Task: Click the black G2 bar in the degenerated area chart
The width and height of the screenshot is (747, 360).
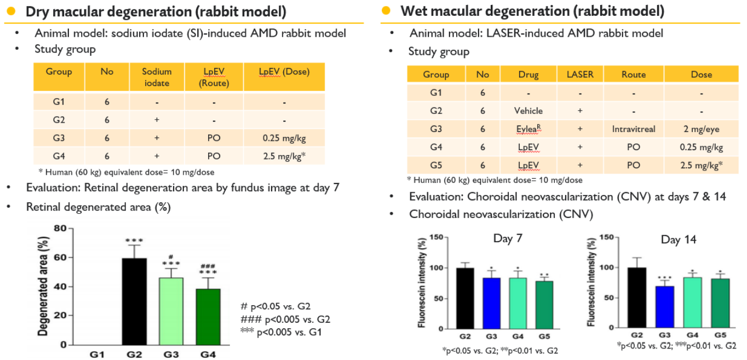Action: point(134,301)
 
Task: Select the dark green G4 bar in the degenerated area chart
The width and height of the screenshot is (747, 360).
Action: point(208,317)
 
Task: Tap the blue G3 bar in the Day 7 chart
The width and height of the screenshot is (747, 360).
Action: point(492,303)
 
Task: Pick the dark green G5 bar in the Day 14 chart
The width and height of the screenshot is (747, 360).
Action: point(720,303)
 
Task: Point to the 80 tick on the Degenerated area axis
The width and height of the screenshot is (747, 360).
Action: point(60,228)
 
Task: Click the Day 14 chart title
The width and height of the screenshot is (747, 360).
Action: point(679,239)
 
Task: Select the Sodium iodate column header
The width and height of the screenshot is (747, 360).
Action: point(157,77)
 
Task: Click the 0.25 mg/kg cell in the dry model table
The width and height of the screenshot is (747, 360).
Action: point(284,138)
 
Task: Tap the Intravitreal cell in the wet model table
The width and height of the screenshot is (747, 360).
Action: point(634,129)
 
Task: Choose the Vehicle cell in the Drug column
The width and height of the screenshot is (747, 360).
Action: point(528,111)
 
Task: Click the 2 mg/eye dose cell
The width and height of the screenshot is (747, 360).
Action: point(702,129)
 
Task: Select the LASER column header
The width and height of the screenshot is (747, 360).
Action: point(580,74)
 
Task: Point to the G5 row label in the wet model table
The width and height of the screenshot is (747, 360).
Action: point(436,165)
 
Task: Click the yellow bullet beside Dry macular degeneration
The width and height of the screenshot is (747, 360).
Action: point(11,11)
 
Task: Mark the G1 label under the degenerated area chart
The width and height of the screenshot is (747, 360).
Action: point(97,355)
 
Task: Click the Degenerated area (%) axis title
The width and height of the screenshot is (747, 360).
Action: point(43,286)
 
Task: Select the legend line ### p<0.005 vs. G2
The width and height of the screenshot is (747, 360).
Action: point(285,319)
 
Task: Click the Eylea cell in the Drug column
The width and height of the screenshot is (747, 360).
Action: point(528,129)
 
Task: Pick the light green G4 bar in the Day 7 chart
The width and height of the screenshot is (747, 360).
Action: point(518,303)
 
